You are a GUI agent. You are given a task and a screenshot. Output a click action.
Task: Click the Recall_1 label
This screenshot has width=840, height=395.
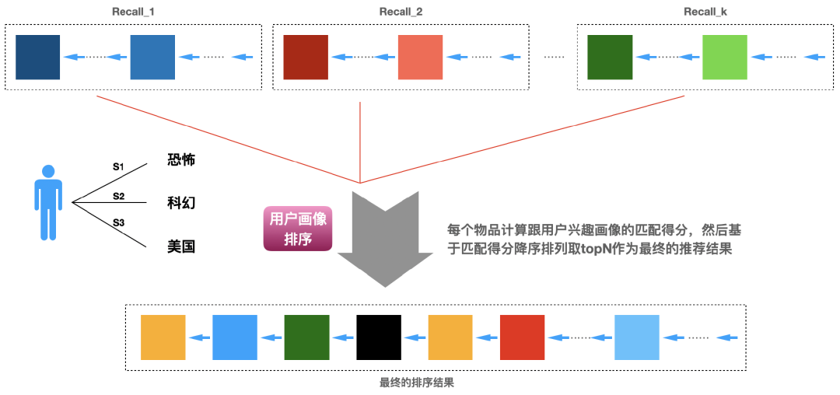(135, 12)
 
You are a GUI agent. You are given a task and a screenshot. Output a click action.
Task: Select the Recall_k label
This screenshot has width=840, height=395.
(705, 12)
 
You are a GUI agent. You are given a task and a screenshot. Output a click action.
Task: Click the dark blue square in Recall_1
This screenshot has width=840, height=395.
(37, 57)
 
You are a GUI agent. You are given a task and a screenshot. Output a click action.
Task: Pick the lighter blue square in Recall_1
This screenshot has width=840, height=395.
(152, 57)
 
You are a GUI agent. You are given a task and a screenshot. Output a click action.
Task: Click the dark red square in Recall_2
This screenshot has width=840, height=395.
(306, 57)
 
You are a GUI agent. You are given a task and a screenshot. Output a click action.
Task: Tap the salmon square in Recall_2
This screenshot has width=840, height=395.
(420, 57)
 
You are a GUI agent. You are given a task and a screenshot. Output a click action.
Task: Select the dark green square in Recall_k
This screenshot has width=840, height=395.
(610, 57)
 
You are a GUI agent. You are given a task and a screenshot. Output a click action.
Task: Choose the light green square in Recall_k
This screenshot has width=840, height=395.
(724, 57)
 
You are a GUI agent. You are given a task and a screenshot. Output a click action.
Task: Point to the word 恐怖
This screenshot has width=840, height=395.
(181, 160)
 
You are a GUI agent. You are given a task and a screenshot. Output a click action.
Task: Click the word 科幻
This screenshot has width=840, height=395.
(181, 203)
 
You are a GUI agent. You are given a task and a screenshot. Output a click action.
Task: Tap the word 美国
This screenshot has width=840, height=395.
(181, 246)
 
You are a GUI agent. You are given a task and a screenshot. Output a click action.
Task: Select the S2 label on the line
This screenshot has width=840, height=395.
(118, 196)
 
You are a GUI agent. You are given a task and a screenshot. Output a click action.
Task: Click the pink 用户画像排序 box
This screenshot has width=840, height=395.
(298, 229)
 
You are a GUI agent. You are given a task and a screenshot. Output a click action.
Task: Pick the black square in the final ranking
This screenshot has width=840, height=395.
(379, 337)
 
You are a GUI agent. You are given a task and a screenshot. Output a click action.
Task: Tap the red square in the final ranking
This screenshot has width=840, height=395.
(523, 337)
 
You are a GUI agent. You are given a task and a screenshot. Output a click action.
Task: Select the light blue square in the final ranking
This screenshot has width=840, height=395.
(636, 337)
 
